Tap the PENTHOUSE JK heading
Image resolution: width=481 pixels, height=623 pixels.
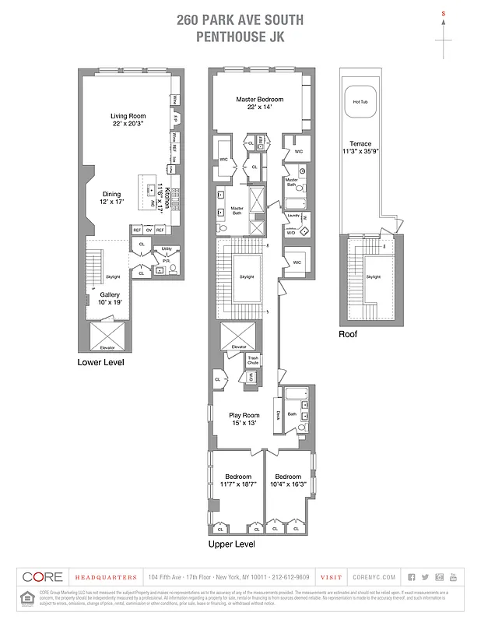(x=240, y=36)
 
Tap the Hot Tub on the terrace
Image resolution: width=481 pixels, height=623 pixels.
(x=360, y=102)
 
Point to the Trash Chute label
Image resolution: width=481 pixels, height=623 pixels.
(x=253, y=361)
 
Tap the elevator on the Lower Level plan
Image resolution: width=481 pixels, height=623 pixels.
(x=104, y=337)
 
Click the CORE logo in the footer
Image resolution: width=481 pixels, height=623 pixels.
(x=43, y=577)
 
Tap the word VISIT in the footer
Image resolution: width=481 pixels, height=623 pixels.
(x=330, y=577)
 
